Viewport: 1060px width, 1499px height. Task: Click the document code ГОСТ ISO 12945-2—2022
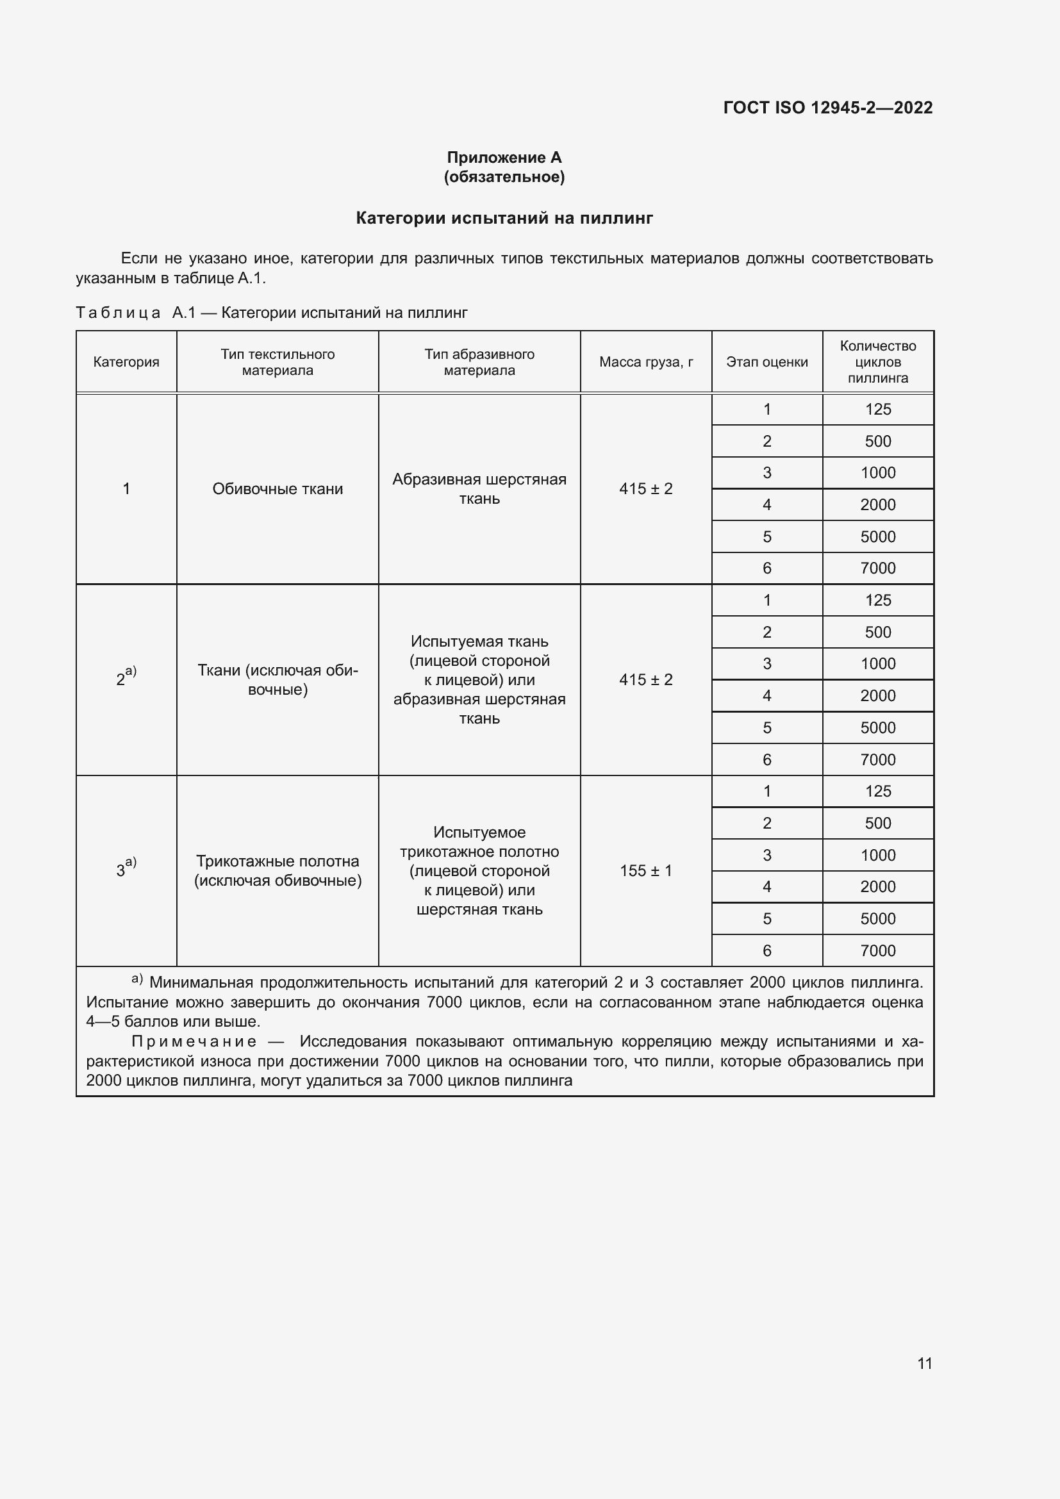click(x=827, y=108)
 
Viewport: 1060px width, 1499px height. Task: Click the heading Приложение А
click(x=504, y=158)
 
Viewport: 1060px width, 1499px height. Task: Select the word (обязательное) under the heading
click(x=504, y=177)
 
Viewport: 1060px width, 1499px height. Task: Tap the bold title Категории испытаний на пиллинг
click(x=504, y=218)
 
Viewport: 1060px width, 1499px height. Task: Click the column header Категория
click(x=126, y=362)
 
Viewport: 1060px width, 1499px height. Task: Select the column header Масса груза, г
click(x=645, y=362)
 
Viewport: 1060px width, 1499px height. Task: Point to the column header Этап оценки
click(x=767, y=362)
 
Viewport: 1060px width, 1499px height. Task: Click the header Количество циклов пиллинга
click(x=878, y=362)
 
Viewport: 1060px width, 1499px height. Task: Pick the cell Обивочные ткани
click(x=277, y=489)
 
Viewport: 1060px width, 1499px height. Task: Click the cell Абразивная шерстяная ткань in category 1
click(x=479, y=489)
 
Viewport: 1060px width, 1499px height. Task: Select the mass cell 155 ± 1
click(x=645, y=871)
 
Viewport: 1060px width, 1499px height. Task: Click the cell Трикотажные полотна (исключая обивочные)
click(x=277, y=871)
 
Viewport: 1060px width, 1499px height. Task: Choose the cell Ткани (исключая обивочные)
click(x=277, y=679)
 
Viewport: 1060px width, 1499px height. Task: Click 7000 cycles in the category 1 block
click(x=878, y=568)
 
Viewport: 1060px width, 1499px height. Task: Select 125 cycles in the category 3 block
click(x=878, y=791)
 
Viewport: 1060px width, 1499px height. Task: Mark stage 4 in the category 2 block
click(x=767, y=696)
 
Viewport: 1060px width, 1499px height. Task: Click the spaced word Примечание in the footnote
click(x=194, y=1041)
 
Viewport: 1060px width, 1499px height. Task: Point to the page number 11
click(x=924, y=1363)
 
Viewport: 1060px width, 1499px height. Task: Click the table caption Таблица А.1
click(x=135, y=313)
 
